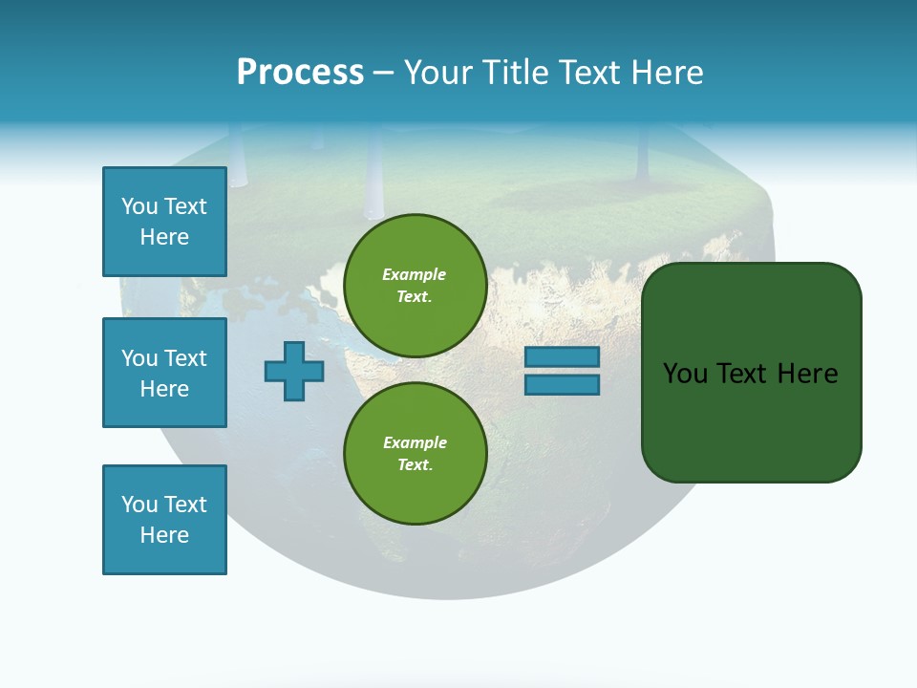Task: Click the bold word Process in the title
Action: point(300,72)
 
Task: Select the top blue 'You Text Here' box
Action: point(164,222)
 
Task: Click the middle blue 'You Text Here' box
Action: point(164,373)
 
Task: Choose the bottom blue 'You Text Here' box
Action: point(164,520)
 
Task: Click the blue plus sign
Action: point(293,371)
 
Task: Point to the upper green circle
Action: point(415,286)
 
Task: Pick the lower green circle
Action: point(415,453)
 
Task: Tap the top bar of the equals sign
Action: point(562,356)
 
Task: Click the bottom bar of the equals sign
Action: point(562,385)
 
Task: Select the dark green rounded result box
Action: point(751,372)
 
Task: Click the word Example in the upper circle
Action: point(414,274)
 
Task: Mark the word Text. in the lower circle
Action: point(415,464)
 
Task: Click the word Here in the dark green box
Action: point(807,374)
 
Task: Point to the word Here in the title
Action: point(663,72)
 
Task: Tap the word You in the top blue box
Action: point(139,206)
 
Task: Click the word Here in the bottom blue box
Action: point(164,535)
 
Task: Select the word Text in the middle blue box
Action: point(185,358)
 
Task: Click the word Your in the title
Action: point(437,72)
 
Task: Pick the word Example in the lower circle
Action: point(415,442)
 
